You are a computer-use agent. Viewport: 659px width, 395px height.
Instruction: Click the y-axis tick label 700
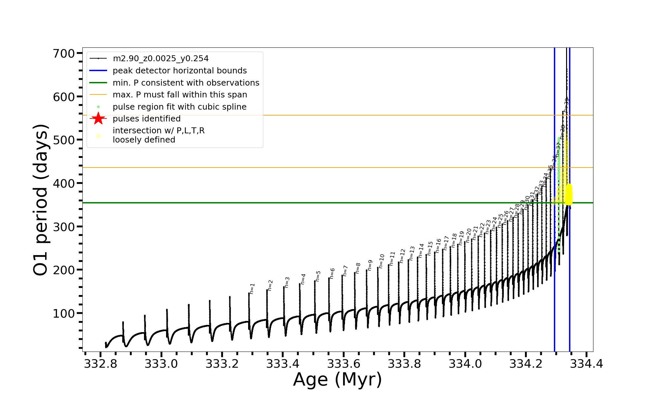point(64,53)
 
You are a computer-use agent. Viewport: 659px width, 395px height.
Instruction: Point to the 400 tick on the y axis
point(64,183)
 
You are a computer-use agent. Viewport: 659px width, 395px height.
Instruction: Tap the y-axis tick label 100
point(64,313)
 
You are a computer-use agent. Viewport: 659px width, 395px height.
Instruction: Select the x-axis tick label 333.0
point(161,364)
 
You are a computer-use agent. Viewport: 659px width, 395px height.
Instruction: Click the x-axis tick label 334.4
point(587,364)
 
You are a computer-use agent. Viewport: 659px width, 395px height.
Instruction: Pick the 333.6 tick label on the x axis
point(344,364)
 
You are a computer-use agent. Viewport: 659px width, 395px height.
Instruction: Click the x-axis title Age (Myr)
point(337,380)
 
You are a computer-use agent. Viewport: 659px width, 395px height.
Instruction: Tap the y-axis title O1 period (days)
point(41,200)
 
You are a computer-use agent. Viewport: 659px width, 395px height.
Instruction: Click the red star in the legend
point(98,118)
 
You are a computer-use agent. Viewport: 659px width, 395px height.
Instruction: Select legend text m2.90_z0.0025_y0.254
point(160,59)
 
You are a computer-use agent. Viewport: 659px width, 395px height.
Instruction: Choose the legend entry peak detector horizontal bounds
point(180,71)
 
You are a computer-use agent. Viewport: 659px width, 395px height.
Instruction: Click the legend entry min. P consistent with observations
point(186,83)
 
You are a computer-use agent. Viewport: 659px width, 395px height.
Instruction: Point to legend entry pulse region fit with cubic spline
point(180,107)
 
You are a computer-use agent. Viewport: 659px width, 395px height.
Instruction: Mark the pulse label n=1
point(252,288)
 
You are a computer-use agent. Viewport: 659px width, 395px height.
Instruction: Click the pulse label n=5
point(318,276)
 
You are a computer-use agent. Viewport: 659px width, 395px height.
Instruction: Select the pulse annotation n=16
point(438,246)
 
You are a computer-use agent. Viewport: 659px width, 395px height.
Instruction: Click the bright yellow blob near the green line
point(569,194)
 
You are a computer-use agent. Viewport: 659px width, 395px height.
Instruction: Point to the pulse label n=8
point(358,268)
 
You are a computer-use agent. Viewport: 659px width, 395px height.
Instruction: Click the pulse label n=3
point(287,282)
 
